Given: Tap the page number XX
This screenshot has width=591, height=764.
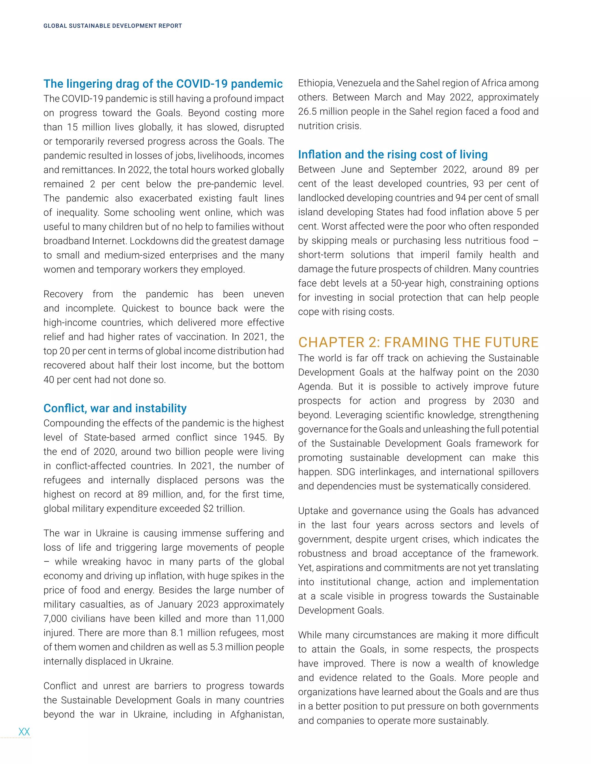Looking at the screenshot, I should [24, 731].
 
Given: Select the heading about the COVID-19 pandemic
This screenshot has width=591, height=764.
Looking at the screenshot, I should [163, 84].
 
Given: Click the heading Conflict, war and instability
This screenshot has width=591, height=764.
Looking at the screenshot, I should [115, 408].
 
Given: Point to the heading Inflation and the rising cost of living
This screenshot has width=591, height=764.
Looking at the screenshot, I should [392, 154].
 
